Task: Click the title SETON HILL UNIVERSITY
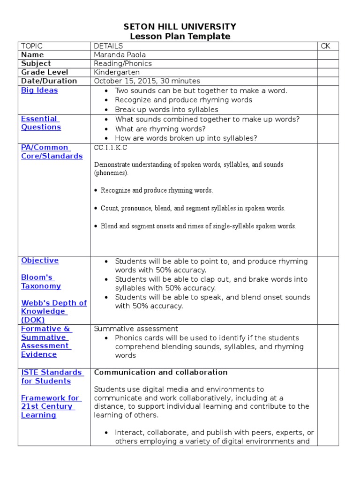click(x=180, y=27)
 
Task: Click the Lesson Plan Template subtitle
click(x=180, y=37)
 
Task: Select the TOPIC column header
click(x=32, y=46)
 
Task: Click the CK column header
click(x=326, y=46)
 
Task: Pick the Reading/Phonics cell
click(x=123, y=63)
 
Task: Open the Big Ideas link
click(x=39, y=90)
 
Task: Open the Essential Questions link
click(x=41, y=123)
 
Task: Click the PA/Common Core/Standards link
click(x=52, y=152)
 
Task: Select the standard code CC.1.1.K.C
click(x=111, y=148)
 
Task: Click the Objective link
click(x=40, y=261)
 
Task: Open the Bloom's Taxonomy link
click(x=41, y=282)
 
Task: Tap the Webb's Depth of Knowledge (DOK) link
click(x=53, y=311)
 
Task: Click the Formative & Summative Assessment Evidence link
click(x=45, y=342)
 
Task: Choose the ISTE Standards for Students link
click(x=52, y=377)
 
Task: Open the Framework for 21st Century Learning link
click(x=50, y=406)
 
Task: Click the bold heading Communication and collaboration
click(x=161, y=373)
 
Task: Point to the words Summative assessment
click(x=136, y=329)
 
